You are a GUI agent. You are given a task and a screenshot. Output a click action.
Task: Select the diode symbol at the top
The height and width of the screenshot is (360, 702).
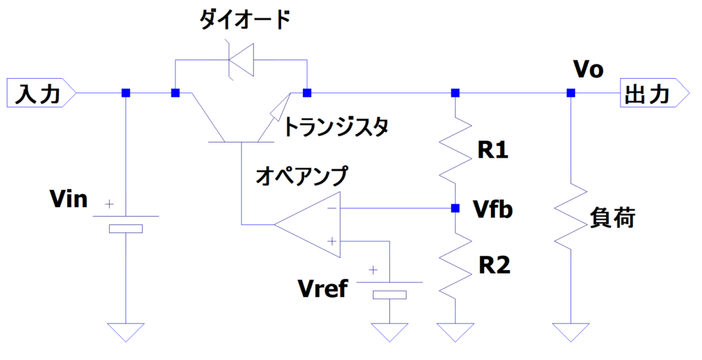tap(241, 60)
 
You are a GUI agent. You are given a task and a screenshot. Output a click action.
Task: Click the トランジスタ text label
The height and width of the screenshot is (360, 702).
tap(336, 126)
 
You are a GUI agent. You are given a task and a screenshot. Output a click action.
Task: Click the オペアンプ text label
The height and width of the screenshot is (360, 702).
tap(302, 175)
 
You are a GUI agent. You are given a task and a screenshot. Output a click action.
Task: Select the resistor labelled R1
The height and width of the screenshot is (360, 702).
tap(454, 149)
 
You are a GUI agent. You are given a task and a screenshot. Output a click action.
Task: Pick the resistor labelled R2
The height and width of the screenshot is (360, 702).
tap(454, 265)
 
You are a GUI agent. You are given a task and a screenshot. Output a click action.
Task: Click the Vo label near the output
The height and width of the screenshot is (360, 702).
tap(588, 70)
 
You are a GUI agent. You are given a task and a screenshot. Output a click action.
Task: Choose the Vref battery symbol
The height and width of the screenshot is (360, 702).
tap(389, 288)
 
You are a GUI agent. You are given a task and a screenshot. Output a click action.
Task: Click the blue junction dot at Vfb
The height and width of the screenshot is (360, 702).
tap(454, 208)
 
